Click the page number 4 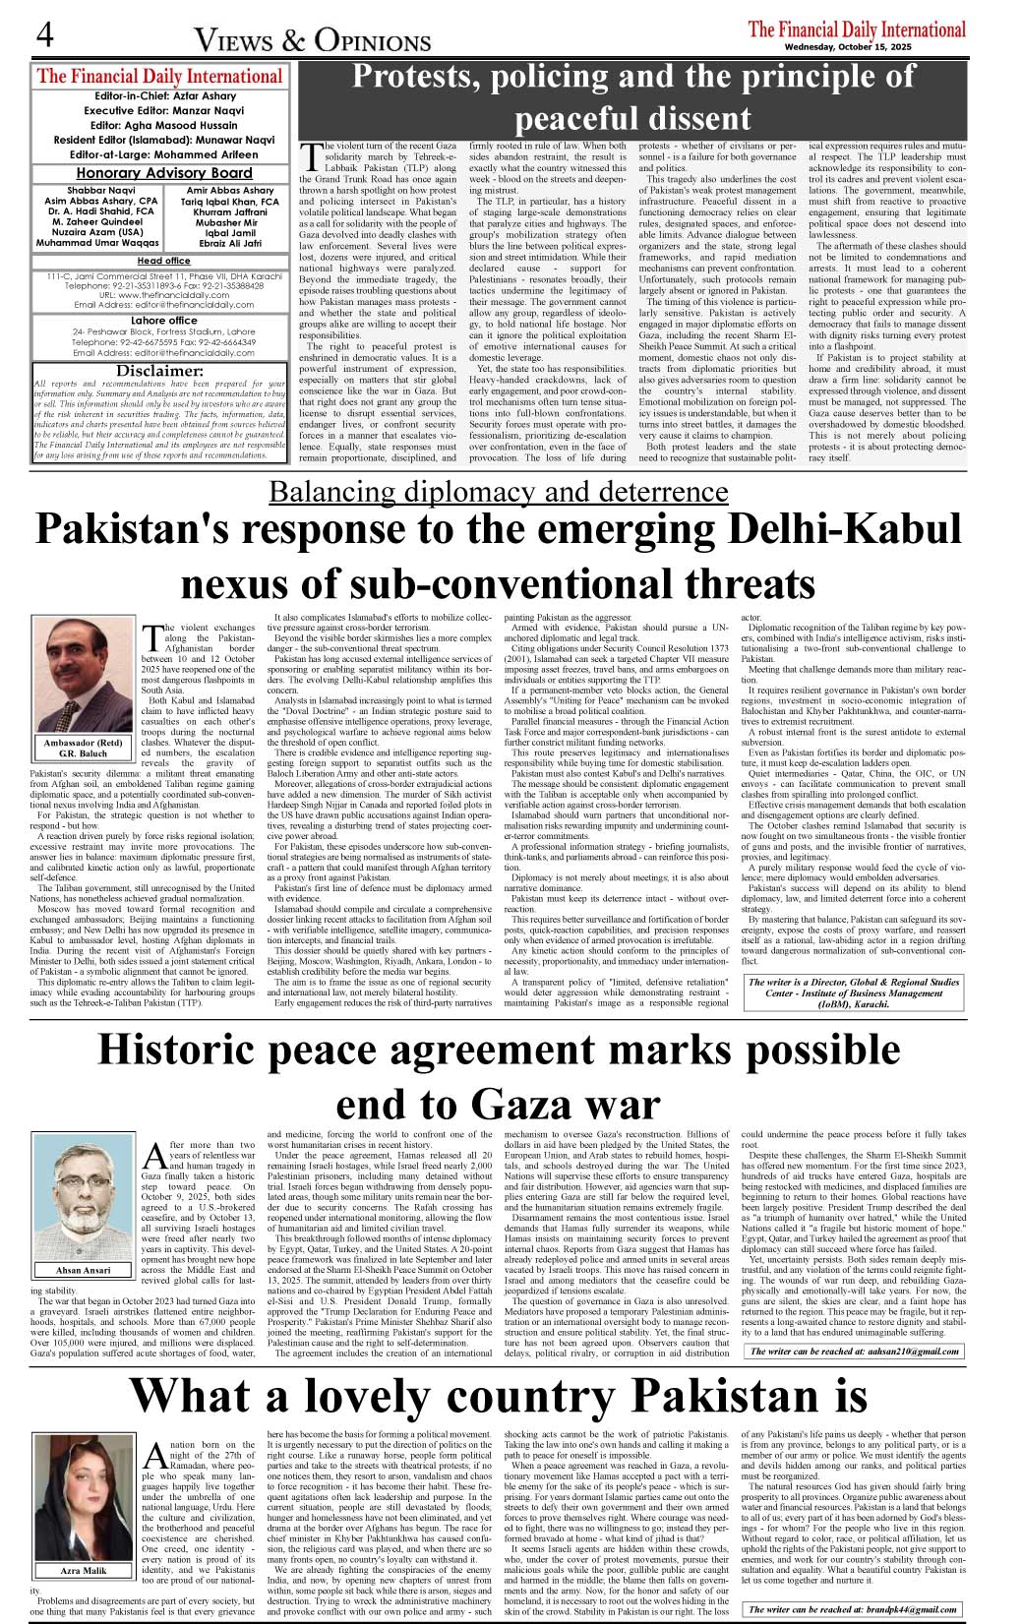[x=44, y=35]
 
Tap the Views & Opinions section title [x=313, y=40]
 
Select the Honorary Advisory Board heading [x=164, y=173]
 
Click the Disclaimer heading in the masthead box [x=159, y=371]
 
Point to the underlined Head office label [x=163, y=261]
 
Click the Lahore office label [x=163, y=321]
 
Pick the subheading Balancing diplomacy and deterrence [x=498, y=491]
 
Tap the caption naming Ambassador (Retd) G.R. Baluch [x=84, y=749]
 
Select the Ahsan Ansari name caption [x=84, y=1270]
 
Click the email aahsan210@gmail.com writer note [x=854, y=1352]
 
